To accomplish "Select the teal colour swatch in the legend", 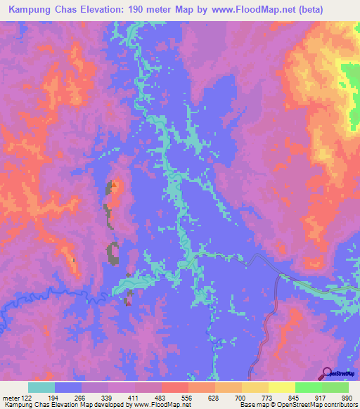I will point(41,387).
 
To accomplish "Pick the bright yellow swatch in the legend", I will point(281,387).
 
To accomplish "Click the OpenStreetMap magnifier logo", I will point(327,374).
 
